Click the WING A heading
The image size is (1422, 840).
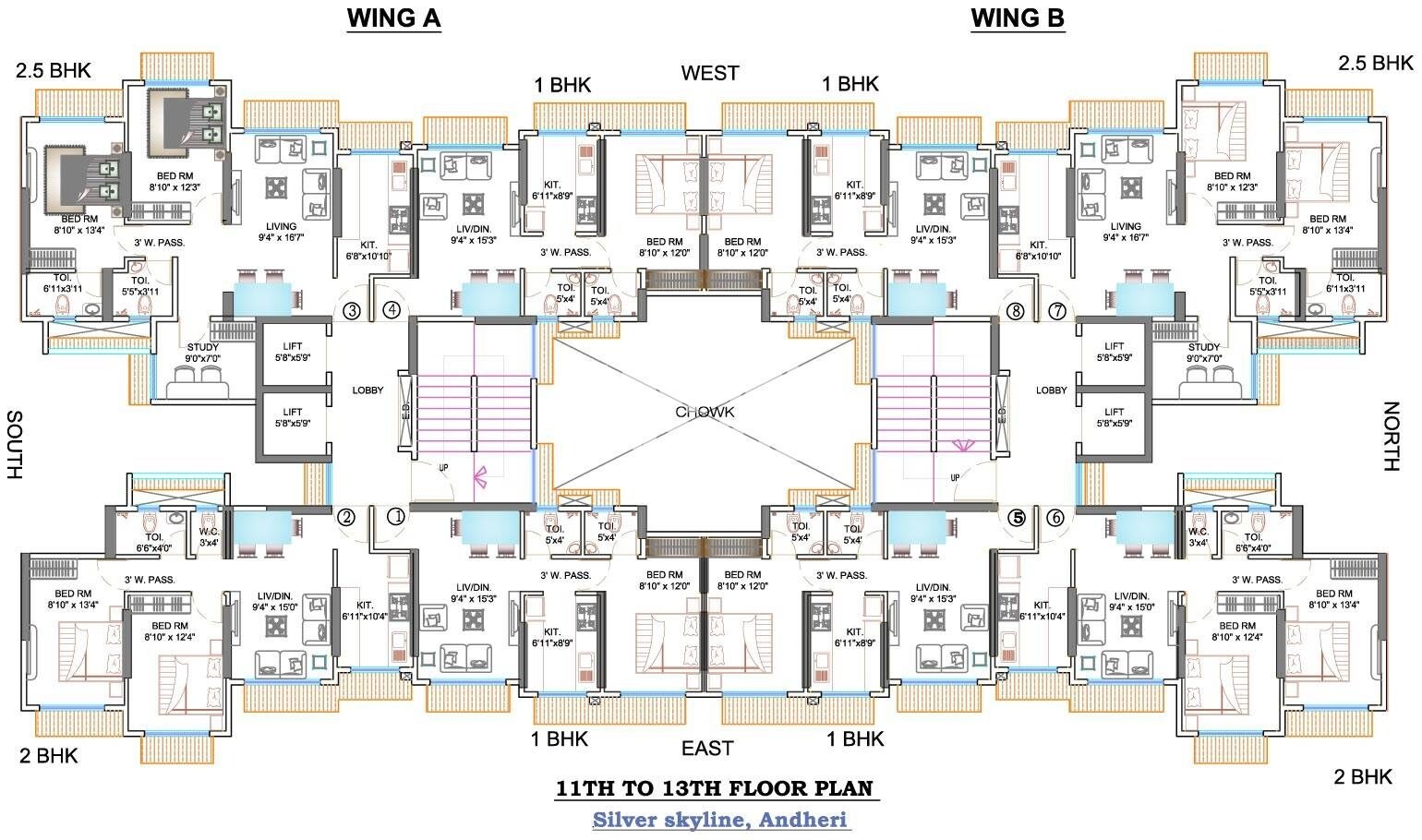click(393, 18)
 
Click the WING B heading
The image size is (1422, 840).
click(1018, 18)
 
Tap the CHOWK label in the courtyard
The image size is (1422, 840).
click(705, 412)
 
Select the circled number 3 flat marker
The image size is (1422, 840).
click(352, 311)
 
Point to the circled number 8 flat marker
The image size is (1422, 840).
click(1016, 311)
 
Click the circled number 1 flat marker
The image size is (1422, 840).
click(396, 517)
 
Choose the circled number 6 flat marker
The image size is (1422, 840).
click(1055, 518)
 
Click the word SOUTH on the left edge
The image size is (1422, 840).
click(14, 445)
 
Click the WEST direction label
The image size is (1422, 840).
click(709, 73)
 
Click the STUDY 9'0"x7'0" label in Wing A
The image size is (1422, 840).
click(203, 353)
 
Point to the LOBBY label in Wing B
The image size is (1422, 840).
click(1051, 390)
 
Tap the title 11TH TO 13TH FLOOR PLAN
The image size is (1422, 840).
click(714, 789)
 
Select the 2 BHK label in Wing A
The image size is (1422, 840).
click(49, 756)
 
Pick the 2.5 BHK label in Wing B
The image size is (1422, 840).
click(1375, 63)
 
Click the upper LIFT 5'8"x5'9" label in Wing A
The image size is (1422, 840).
click(293, 351)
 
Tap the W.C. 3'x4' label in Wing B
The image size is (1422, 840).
click(1199, 537)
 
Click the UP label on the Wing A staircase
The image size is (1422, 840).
click(443, 468)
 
